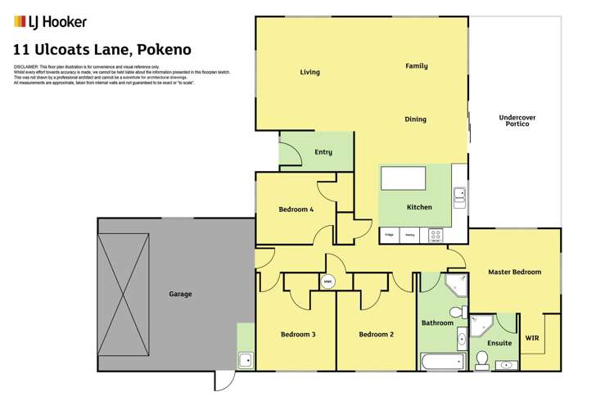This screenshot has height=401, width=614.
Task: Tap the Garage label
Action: tap(180, 294)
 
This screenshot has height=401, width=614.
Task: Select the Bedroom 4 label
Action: tap(296, 210)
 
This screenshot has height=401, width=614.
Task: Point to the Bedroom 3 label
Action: tap(297, 334)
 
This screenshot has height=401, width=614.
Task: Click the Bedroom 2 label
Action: tap(377, 334)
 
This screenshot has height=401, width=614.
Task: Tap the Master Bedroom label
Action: tap(514, 272)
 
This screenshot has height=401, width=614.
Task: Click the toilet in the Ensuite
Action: tap(482, 359)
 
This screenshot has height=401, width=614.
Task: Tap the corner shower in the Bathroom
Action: tap(454, 286)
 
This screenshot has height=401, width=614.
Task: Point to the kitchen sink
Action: tap(459, 194)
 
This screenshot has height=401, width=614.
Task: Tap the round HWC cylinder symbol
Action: tap(327, 282)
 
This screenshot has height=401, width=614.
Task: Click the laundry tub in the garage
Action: tap(245, 358)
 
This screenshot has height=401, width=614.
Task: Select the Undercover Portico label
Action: tap(517, 120)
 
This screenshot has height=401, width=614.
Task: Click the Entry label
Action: tap(323, 152)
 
